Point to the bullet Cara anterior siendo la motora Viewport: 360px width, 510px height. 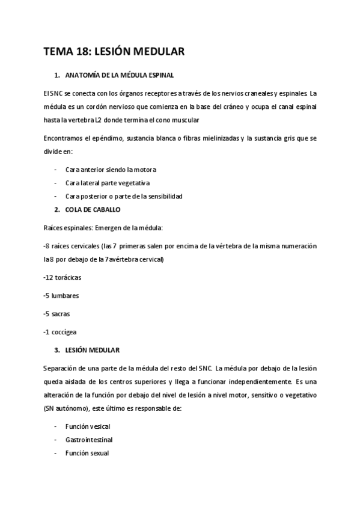coord(111,169)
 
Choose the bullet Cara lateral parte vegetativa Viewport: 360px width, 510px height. coord(108,183)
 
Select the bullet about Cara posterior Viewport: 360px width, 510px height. coord(123,196)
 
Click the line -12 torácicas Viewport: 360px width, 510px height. coord(63,278)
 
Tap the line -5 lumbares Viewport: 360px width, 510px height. coord(61,295)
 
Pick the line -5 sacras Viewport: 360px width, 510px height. coord(58,313)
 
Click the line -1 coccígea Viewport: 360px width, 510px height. coord(60,331)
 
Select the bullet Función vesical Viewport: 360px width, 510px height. coord(88,426)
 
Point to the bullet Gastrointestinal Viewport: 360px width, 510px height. coord(88,439)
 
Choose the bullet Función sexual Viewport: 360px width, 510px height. coord(87,453)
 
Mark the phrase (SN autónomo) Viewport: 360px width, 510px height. coord(70,408)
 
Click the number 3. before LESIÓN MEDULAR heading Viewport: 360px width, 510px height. coord(56,349)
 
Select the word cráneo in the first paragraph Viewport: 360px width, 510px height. coord(221,106)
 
